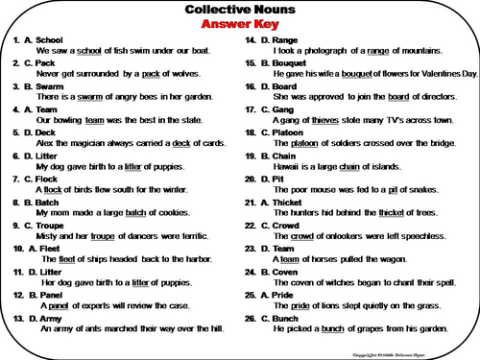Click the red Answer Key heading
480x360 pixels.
[x=239, y=27]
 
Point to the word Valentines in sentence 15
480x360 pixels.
[x=435, y=74]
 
